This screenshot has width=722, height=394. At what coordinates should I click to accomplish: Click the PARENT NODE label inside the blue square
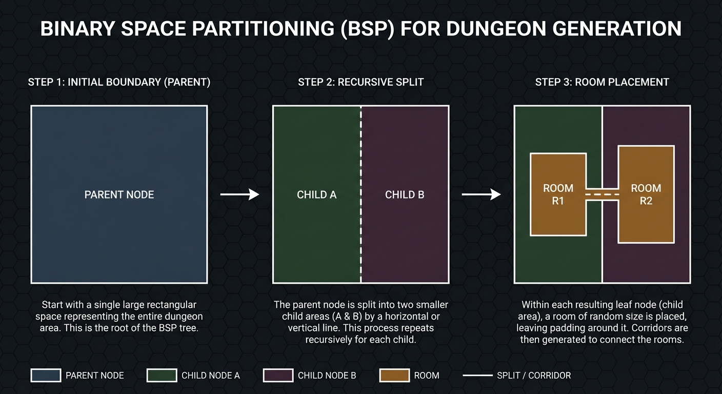click(119, 194)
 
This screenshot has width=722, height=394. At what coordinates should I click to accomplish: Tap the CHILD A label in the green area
click(316, 194)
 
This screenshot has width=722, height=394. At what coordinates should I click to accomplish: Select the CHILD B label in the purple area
click(405, 194)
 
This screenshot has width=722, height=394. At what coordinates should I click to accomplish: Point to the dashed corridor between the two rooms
click(602, 195)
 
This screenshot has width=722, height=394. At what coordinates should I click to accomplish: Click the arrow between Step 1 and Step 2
click(239, 194)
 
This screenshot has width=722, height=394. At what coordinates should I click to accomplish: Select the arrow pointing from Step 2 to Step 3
click(481, 194)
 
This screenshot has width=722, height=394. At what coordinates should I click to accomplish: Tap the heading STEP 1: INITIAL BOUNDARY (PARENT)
click(119, 82)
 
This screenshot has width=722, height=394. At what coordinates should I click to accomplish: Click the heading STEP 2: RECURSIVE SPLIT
click(360, 82)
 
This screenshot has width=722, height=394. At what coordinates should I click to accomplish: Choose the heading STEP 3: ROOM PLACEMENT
click(602, 82)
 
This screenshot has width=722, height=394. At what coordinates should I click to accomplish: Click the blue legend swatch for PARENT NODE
click(46, 376)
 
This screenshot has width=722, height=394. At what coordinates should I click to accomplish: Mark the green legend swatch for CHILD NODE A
click(162, 376)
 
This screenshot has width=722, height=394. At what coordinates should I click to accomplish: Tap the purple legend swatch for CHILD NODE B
click(278, 376)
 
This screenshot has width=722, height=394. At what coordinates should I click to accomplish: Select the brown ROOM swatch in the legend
click(394, 376)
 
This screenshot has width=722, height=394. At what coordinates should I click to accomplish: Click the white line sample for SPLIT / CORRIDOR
click(477, 376)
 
